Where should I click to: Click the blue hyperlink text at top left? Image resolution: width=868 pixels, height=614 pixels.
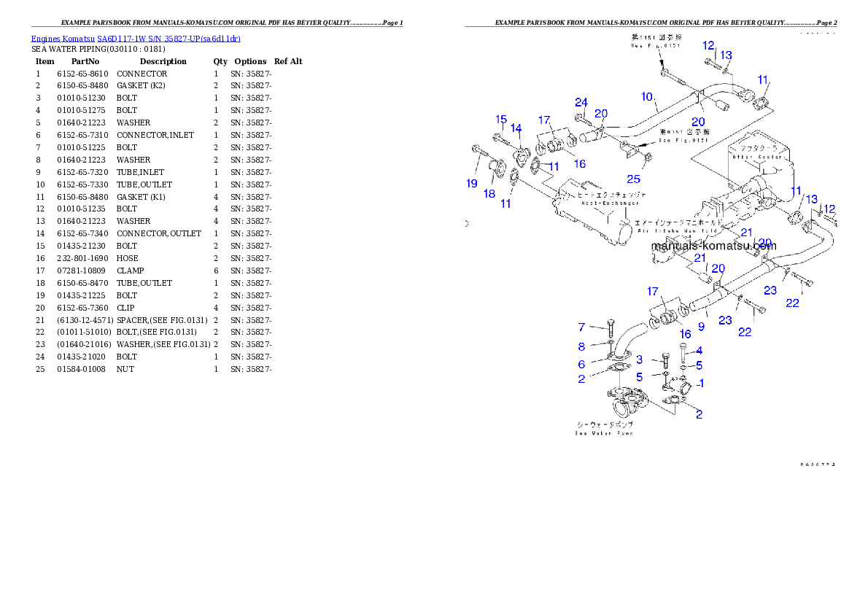(x=136, y=39)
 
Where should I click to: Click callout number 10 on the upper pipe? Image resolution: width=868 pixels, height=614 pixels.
(x=647, y=96)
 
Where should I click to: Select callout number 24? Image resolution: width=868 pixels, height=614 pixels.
(x=581, y=102)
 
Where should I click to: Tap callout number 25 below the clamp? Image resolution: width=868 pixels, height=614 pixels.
(x=634, y=179)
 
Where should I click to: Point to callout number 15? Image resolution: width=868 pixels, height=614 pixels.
(x=500, y=120)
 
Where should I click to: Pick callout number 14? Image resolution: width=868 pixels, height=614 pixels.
(x=516, y=128)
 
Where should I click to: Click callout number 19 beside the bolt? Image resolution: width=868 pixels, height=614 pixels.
(x=472, y=183)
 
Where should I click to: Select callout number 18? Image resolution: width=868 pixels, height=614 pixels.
(x=489, y=193)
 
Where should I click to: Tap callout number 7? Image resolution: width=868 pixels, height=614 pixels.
(x=582, y=327)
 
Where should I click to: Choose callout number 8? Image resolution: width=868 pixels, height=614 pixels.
(x=582, y=347)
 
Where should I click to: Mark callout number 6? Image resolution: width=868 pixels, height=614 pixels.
(x=582, y=365)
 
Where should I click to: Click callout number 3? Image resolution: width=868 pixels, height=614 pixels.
(x=639, y=360)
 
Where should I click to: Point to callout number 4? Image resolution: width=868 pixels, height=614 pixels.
(x=699, y=351)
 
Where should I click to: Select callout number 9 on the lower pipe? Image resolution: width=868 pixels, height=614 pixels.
(x=701, y=327)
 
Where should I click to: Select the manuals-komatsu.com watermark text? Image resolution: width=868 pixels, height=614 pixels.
(x=713, y=246)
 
